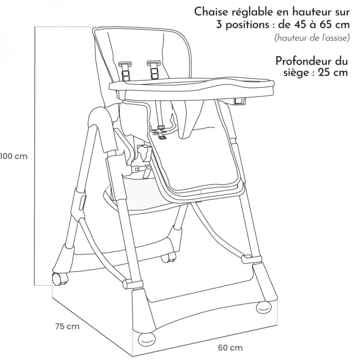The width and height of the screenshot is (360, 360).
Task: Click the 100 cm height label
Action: point(14,156)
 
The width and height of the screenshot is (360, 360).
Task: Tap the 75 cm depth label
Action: point(67,326)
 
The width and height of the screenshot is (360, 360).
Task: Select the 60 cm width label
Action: point(230,348)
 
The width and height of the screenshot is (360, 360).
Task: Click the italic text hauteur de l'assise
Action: point(312,38)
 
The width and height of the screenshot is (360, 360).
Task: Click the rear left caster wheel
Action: point(60,279)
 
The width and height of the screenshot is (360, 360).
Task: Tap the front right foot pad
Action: point(264,307)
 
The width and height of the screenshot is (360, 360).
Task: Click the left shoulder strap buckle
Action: point(126,71)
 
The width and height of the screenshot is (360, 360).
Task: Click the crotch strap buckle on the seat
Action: point(161,132)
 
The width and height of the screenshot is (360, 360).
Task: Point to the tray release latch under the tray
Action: point(240,101)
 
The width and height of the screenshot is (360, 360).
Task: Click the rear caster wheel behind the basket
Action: point(168,258)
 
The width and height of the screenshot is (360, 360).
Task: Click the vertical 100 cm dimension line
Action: point(35,156)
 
